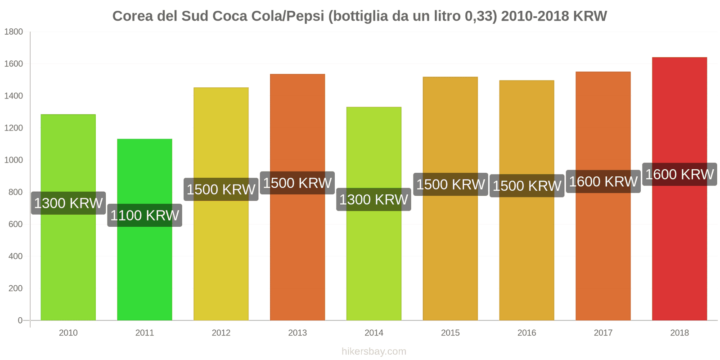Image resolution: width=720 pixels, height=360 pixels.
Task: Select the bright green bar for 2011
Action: [144, 270]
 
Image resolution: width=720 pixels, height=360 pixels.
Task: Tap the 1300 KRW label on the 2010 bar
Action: [68, 203]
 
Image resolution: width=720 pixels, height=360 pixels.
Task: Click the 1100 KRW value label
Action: [144, 215]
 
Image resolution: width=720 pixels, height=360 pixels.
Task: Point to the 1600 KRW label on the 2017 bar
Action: [603, 181]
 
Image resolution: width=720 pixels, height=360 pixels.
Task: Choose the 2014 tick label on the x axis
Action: [373, 333]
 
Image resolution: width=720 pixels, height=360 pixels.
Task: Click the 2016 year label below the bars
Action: [526, 333]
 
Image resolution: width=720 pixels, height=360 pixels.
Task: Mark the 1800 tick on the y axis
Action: [13, 31]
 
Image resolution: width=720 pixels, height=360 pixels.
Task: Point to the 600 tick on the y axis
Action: [15, 224]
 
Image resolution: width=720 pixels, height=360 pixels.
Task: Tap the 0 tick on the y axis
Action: [20, 320]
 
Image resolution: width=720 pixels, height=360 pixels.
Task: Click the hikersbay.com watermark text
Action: [373, 351]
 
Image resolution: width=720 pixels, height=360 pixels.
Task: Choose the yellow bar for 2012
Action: [221, 261]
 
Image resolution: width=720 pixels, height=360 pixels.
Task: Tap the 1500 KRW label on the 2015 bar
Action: [450, 184]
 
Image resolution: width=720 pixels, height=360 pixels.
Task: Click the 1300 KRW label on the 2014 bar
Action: [373, 199]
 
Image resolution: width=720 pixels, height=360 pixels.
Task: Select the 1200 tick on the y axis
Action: [13, 128]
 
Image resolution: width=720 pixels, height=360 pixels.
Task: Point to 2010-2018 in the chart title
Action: [534, 16]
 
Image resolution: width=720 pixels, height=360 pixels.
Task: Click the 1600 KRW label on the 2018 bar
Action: [679, 174]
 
